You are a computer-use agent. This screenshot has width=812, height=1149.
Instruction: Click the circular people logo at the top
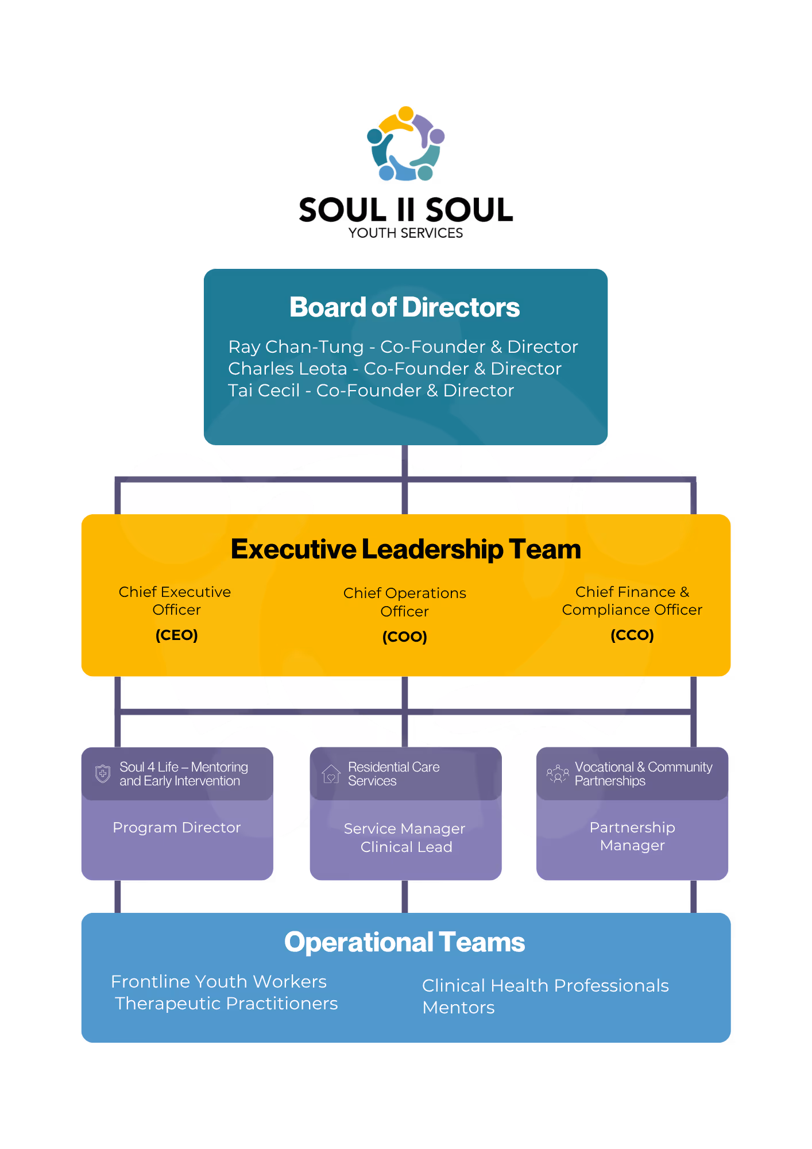pos(406,144)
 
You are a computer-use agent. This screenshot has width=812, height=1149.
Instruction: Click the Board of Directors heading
pos(404,307)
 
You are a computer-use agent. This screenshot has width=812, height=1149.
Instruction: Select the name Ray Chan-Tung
pos(296,347)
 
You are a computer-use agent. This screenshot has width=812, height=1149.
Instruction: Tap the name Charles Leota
pos(287,369)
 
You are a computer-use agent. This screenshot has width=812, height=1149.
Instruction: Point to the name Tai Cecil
pos(264,391)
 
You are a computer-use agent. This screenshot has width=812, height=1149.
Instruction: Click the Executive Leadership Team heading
pos(405,549)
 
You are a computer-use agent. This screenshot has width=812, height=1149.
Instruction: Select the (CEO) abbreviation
pos(176,635)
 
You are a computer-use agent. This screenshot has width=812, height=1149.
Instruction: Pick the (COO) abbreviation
pos(404,637)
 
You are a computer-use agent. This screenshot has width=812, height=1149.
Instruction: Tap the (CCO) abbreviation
pos(632,635)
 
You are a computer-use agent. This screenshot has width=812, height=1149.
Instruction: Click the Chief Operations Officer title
pos(404,602)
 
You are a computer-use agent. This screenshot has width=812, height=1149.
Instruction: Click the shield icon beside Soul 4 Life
pos(103,774)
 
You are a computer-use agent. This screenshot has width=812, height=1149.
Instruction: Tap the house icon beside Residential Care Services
pos(331,774)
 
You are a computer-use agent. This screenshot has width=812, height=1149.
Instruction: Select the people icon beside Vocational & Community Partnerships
pos(557,774)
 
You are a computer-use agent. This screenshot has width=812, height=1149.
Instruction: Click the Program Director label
pos(176,828)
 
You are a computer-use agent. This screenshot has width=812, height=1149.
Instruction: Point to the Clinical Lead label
pos(406,847)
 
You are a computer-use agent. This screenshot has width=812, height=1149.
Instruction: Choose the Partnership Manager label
pos(632,836)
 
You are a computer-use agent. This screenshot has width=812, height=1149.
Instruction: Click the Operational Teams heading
pos(404,943)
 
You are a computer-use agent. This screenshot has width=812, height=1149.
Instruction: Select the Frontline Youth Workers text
pos(218,982)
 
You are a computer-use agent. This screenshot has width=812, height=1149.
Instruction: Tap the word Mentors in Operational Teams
pos(458,1008)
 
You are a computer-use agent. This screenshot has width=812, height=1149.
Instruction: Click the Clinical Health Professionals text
pos(545,986)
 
